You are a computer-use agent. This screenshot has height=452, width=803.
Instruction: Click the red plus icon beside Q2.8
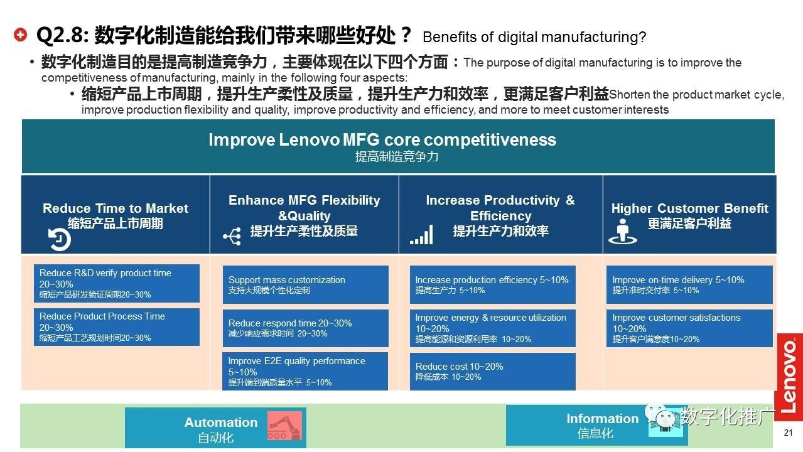coord(21,35)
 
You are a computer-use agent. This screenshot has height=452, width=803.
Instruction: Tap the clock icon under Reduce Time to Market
coord(59,239)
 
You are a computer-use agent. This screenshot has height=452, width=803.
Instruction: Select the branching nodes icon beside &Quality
coord(232,236)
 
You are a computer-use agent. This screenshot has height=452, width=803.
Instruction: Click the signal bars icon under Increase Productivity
coord(421,235)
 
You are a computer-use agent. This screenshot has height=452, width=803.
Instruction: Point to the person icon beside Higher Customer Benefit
coord(623,232)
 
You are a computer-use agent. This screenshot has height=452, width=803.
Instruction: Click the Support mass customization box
coord(305,284)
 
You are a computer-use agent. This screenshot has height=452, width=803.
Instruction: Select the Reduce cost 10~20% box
coord(493,372)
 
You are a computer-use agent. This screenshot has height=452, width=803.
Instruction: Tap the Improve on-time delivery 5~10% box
coord(689,284)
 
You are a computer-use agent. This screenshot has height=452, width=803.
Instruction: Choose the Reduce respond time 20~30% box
coord(305,328)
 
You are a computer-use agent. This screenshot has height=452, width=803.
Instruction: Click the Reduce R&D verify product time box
coord(117,283)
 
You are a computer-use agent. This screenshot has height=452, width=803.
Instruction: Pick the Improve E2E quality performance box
coord(305,372)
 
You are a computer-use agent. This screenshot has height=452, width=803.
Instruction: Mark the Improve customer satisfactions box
coord(689,328)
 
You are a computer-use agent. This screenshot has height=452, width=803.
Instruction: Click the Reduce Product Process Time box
coord(117,327)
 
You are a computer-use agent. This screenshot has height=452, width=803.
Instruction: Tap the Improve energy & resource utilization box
coord(493,328)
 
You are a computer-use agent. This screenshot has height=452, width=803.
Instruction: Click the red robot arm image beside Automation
coord(284,426)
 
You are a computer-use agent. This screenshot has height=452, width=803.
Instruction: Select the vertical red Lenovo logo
coord(790,377)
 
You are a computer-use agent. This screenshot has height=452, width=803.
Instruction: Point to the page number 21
coord(788,433)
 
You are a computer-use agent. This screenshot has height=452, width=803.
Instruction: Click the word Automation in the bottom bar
coord(221,422)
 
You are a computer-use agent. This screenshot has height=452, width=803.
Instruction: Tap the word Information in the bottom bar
coord(602,419)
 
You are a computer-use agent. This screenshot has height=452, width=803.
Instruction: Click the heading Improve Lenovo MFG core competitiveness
coord(382,140)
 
